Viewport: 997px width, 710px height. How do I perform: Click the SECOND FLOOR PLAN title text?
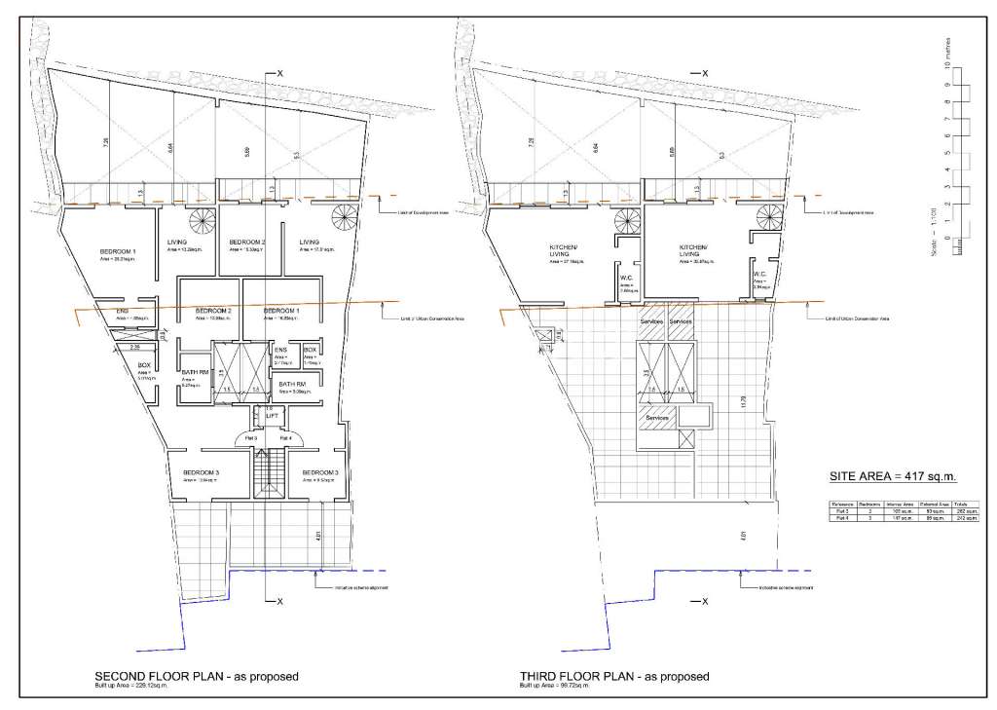click(x=196, y=675)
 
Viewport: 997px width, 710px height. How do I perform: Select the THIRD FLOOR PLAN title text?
click(x=614, y=675)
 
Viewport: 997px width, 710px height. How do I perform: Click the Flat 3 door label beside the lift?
click(x=250, y=438)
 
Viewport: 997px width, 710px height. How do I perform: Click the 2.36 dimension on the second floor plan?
click(x=136, y=346)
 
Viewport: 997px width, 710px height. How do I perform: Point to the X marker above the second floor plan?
click(x=279, y=74)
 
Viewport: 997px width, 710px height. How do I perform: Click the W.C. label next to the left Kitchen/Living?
click(x=628, y=277)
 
